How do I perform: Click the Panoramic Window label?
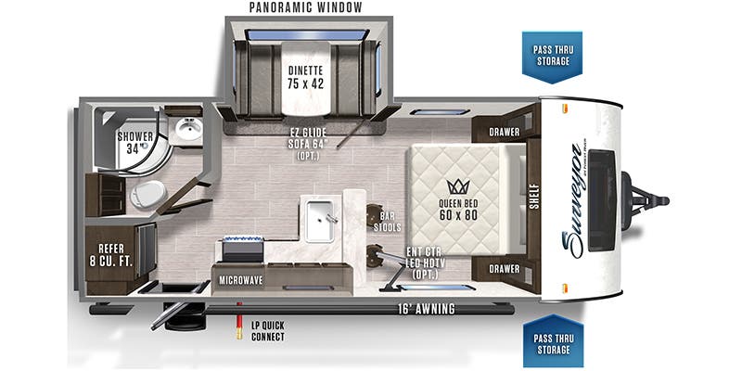pos(306,7)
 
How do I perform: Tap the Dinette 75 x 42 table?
pos(306,78)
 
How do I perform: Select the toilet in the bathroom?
pos(148,194)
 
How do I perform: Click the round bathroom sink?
pos(188,128)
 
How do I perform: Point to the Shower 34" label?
pos(135,143)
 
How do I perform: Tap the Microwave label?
pos(240,280)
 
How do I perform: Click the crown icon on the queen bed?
pos(457,186)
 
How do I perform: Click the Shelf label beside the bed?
pos(535,197)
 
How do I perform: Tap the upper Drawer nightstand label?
pos(504,132)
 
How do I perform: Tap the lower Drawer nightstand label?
pos(504,269)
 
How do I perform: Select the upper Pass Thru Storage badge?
pos(552,57)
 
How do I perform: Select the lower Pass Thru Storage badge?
pos(553,340)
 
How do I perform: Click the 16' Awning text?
pos(427,310)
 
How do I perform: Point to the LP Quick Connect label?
pos(268,331)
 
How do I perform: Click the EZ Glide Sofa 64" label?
pos(308,143)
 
